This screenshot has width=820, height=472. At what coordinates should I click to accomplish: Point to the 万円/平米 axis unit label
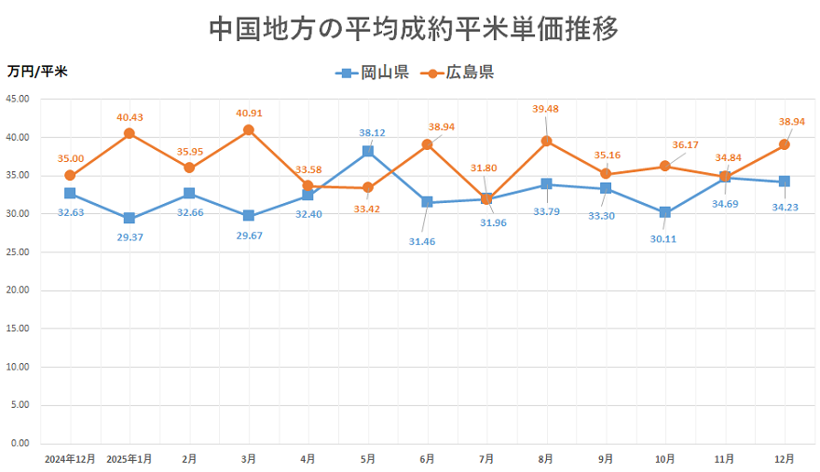point(37,71)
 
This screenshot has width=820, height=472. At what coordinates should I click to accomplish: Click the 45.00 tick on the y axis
point(18,99)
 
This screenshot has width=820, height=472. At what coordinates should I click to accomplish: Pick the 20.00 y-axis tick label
point(18,290)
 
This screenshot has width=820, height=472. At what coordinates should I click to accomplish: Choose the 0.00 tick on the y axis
point(20,443)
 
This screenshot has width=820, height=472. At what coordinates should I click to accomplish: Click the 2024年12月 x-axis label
point(70,460)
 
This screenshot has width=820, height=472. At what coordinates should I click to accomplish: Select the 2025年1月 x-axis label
point(129,460)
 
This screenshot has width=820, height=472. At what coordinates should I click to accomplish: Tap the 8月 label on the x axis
point(546,460)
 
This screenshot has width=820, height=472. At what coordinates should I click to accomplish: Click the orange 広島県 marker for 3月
point(249,130)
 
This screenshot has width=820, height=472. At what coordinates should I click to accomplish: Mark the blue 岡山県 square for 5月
point(368,151)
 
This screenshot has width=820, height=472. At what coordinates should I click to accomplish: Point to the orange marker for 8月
point(546,142)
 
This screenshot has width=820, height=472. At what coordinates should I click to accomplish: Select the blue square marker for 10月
point(665,212)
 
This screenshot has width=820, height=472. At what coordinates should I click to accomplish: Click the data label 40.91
point(249,114)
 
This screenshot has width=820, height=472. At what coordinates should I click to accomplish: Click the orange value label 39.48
point(546,108)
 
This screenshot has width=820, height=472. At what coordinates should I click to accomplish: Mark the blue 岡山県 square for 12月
point(785,182)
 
